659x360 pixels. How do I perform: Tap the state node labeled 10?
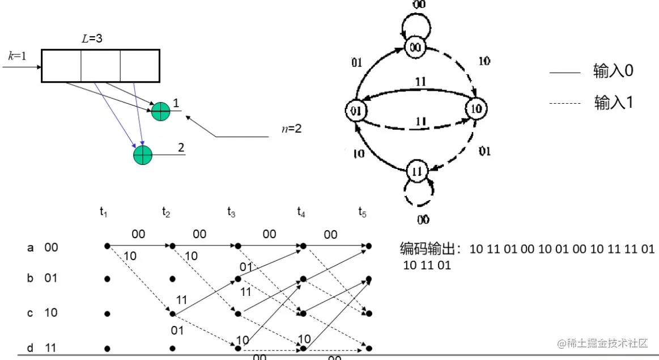(476, 109)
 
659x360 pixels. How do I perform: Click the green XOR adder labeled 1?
(161, 111)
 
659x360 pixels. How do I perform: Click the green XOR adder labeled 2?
(143, 154)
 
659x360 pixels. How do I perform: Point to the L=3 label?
(92, 40)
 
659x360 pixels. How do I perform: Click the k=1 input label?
(17, 56)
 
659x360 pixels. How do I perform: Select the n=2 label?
(291, 129)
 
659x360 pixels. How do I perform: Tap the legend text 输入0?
(613, 71)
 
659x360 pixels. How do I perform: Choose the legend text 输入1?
(613, 103)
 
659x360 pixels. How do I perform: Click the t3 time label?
(231, 213)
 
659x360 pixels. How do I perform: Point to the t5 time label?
(362, 213)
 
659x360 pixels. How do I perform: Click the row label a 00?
(43, 247)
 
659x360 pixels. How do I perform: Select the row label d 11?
(43, 348)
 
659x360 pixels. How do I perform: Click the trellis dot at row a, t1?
(107, 245)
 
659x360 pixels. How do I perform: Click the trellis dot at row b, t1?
(107, 279)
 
